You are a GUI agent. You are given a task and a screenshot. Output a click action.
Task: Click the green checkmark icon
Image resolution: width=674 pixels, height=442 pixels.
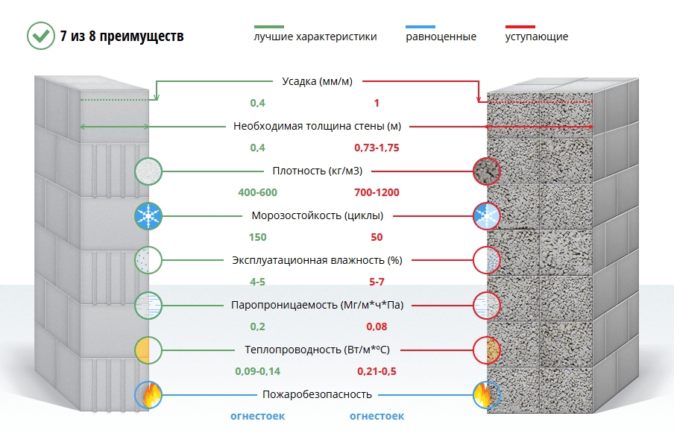[41, 36]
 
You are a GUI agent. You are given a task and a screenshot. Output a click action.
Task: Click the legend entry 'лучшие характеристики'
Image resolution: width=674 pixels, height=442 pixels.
[315, 37]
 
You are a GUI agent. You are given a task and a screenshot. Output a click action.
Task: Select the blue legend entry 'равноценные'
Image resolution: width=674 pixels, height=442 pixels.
[441, 37]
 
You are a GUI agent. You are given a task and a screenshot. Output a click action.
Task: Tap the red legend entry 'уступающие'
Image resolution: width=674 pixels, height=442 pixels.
[537, 37]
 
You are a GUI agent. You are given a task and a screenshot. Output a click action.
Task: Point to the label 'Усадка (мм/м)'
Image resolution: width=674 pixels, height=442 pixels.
[317, 81]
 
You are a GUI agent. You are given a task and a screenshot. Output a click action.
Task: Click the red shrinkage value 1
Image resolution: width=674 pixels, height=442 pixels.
[377, 103]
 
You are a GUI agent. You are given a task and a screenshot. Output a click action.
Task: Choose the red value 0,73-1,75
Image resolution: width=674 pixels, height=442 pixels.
[377, 148]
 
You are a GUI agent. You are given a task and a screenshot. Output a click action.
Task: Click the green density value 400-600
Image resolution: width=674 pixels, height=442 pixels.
[257, 192]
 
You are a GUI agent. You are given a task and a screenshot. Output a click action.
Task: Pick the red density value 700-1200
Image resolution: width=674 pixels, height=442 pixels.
[377, 192]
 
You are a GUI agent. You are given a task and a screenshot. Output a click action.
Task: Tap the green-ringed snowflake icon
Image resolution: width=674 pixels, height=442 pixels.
[148, 215]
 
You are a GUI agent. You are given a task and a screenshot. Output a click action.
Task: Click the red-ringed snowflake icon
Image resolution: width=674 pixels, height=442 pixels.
[487, 215]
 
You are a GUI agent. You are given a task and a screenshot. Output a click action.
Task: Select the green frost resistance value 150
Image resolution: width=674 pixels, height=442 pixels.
[257, 237]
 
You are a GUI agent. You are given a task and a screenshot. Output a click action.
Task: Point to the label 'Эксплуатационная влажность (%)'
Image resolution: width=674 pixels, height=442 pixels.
[317, 260]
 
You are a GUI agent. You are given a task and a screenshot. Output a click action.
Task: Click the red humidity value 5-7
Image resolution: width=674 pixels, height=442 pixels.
[377, 282]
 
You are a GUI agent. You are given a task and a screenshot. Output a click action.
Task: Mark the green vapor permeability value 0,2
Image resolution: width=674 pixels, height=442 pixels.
[257, 326]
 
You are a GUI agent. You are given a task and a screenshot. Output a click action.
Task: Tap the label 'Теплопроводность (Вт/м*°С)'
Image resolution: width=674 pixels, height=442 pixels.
[317, 350]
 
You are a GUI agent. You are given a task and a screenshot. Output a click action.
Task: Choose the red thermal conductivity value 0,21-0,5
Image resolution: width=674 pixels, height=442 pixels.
[377, 371]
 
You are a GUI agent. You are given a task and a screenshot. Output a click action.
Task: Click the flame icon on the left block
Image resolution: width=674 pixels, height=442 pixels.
[148, 394]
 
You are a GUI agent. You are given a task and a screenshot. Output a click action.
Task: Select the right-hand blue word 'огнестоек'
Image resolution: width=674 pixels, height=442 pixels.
[377, 416]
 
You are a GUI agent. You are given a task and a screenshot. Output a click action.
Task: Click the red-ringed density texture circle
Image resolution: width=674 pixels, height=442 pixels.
[487, 171]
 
